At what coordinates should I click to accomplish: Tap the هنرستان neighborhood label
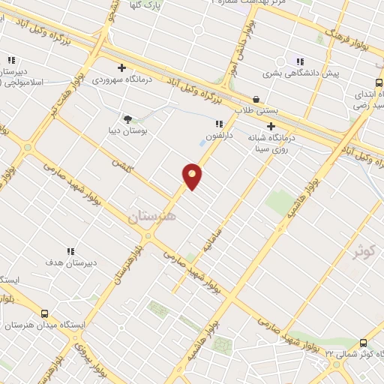[152, 217]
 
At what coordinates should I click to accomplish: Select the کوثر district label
[367, 250]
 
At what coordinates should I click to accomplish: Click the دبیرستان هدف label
[70, 263]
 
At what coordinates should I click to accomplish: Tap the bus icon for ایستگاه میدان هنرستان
[44, 314]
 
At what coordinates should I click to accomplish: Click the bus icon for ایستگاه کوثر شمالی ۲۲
[364, 340]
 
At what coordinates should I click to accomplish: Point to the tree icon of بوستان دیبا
[127, 118]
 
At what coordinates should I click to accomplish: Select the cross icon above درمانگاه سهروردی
[121, 67]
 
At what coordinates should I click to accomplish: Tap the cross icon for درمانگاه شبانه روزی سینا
[271, 127]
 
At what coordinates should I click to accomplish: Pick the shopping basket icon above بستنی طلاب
[256, 99]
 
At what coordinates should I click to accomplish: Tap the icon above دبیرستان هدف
[70, 250]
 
